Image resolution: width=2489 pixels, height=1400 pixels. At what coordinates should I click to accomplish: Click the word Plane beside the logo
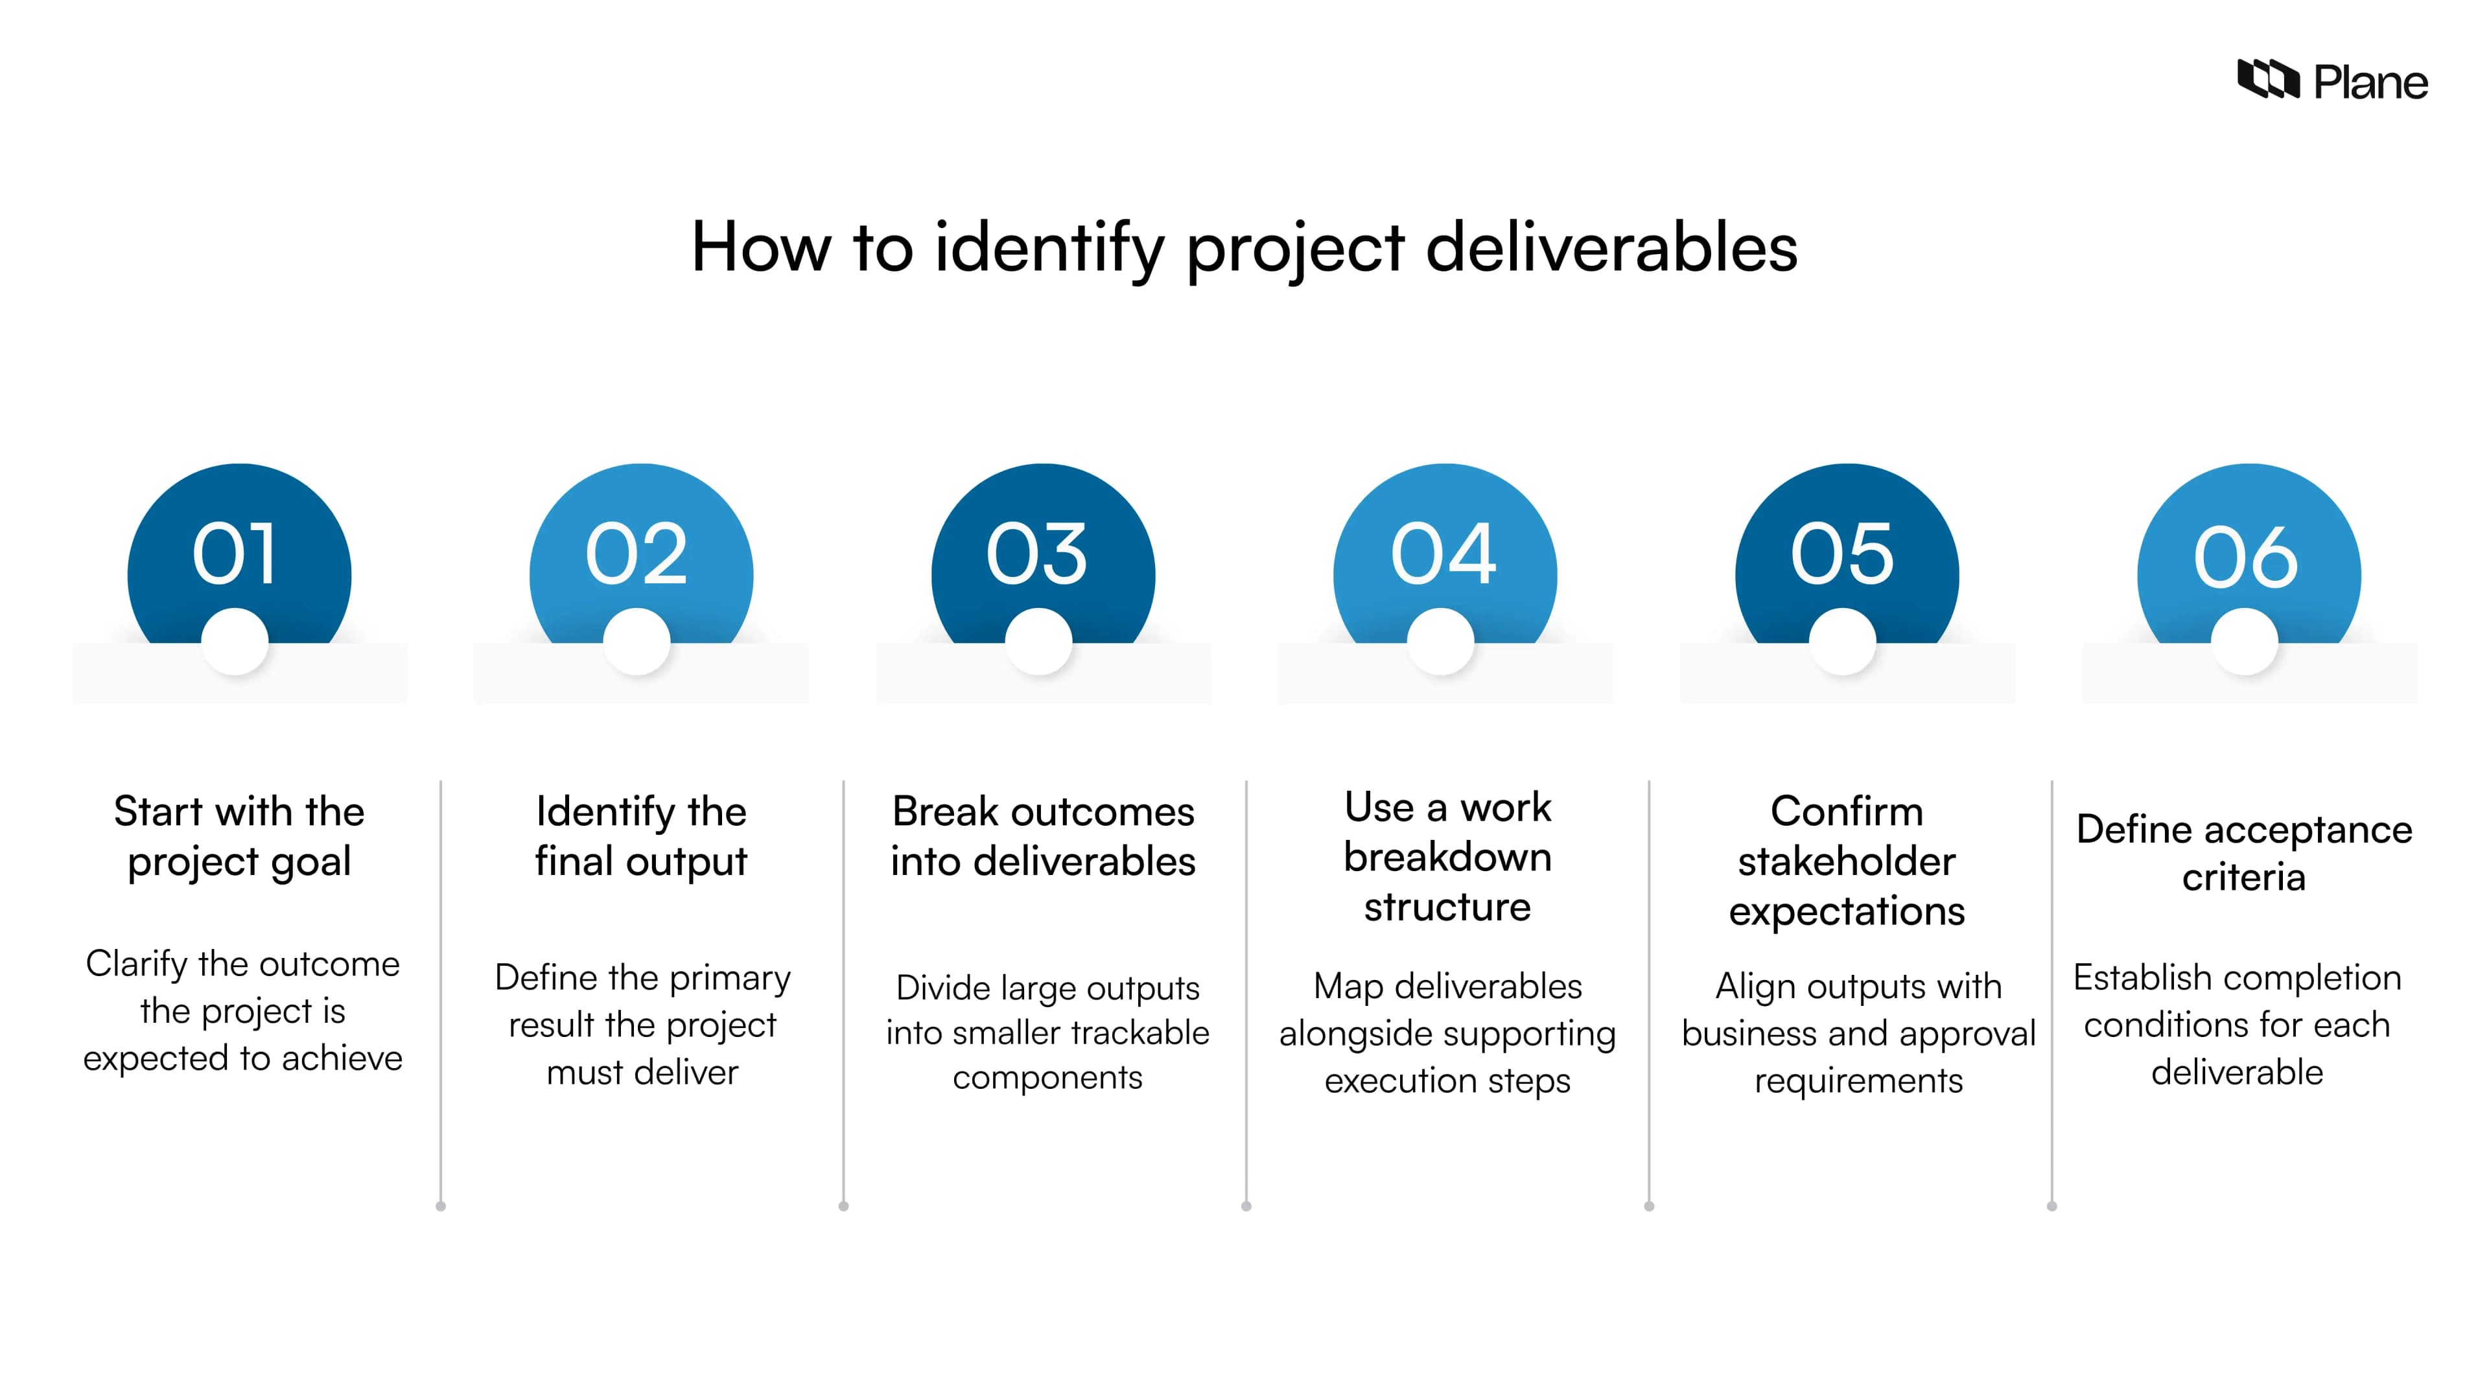click(2370, 83)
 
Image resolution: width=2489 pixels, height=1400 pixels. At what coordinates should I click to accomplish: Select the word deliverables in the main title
click(1611, 248)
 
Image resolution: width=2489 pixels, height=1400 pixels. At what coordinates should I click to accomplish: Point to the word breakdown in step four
click(1447, 857)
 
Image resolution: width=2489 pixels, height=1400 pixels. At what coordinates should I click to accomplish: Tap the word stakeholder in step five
click(1847, 861)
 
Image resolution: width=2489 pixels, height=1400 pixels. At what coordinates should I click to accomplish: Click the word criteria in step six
click(2243, 878)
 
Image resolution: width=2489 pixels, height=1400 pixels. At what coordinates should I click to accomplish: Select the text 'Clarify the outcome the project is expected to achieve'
click(242, 1010)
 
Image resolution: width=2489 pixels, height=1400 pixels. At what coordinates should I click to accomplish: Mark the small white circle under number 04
click(1441, 642)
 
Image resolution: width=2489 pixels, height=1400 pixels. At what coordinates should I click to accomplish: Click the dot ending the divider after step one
click(441, 1206)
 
